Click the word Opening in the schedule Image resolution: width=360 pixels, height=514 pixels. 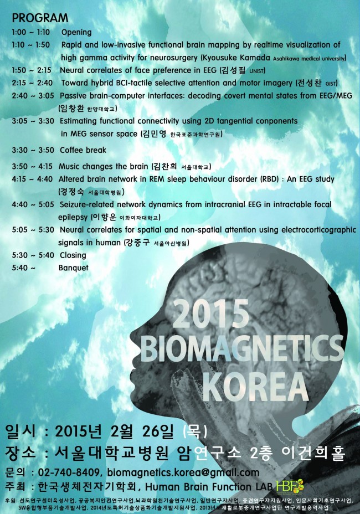click(x=76, y=32)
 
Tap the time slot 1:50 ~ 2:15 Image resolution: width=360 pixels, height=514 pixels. click(x=31, y=70)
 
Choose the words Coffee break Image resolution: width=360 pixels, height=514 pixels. click(x=83, y=150)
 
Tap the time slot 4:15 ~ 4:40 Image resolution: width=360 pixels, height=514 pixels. click(x=31, y=179)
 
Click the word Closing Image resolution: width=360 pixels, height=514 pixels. click(x=73, y=255)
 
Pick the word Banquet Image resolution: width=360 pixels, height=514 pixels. click(x=73, y=268)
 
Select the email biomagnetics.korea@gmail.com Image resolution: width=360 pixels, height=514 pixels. click(x=183, y=472)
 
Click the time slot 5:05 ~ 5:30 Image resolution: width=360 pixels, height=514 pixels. click(x=31, y=230)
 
